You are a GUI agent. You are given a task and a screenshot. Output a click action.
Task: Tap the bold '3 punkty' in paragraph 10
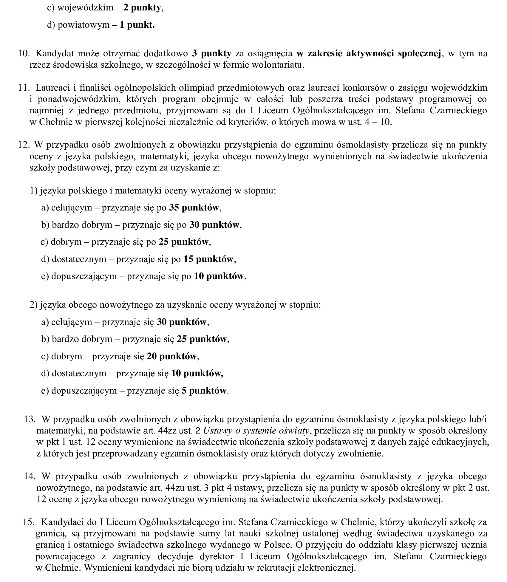(211, 54)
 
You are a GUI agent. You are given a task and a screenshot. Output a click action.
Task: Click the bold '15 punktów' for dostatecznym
(208, 259)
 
